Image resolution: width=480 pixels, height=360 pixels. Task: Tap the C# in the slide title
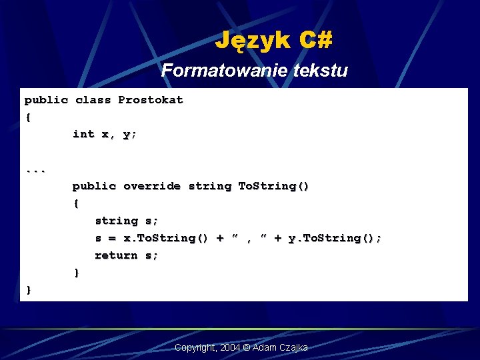click(315, 41)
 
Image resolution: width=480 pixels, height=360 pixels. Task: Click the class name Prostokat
click(150, 100)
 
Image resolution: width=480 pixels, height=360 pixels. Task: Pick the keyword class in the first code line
click(93, 100)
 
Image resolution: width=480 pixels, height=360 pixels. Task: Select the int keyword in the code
click(83, 134)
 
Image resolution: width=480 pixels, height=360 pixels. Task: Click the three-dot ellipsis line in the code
click(35, 170)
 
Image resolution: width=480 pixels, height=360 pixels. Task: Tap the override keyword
click(151, 186)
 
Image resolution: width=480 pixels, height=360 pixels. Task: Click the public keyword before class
click(46, 100)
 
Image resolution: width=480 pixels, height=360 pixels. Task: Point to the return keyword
click(116, 255)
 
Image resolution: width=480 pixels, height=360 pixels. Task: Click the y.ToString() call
click(334, 238)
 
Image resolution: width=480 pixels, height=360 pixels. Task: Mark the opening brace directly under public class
click(28, 117)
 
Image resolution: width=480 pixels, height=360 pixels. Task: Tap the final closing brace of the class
click(28, 290)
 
